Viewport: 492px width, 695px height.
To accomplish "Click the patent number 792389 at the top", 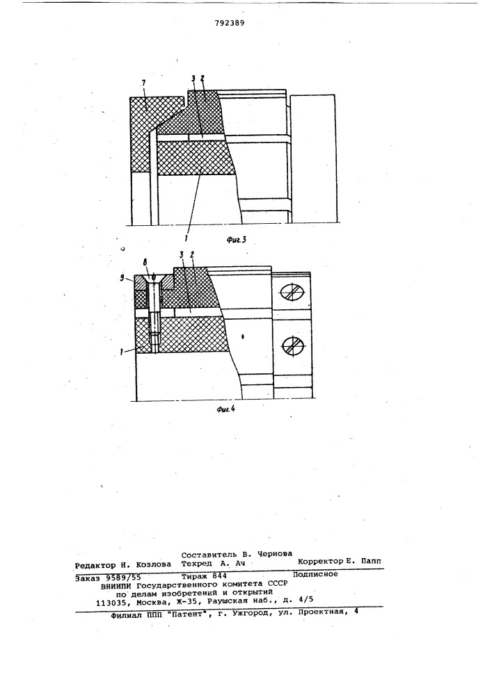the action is [230, 24].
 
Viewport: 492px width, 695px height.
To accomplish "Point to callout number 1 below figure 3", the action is [186, 230].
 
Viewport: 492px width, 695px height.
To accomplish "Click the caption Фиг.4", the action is [225, 409].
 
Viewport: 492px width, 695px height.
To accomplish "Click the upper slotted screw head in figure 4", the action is [292, 293].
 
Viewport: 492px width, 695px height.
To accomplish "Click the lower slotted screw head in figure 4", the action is [292, 345].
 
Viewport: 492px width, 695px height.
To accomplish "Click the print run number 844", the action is [220, 575].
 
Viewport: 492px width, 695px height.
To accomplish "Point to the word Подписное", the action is [315, 574].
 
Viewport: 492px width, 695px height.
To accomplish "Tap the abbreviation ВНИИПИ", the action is [117, 585].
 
